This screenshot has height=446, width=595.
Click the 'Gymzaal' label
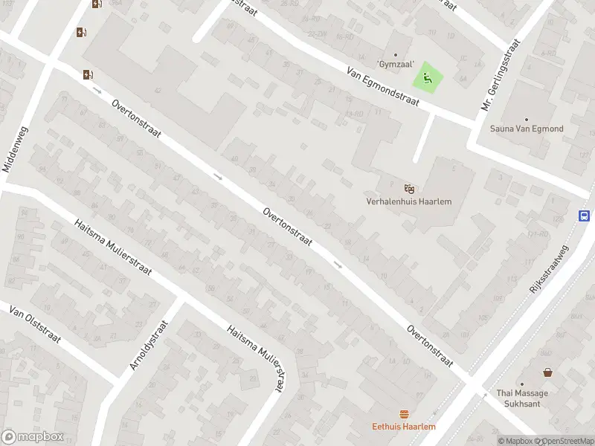point(395,65)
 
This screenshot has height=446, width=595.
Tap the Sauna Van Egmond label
point(527,129)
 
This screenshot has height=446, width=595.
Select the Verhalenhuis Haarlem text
point(408,201)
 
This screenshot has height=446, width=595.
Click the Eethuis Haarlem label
point(404,427)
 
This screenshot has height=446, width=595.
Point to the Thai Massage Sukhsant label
point(522,398)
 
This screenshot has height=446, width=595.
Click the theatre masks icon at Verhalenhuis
point(408,188)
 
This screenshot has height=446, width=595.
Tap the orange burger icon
point(405,414)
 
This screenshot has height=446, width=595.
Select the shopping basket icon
point(547,372)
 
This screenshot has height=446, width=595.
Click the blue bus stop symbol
point(585,216)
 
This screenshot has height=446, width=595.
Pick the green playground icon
point(427,77)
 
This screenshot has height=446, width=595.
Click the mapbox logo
point(32,436)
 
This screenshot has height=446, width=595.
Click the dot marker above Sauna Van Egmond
point(527,119)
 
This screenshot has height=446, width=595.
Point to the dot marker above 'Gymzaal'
point(395,55)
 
